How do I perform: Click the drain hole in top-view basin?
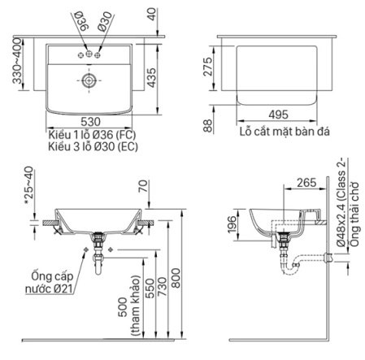point(88,80)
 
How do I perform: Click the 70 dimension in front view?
point(144,186)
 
